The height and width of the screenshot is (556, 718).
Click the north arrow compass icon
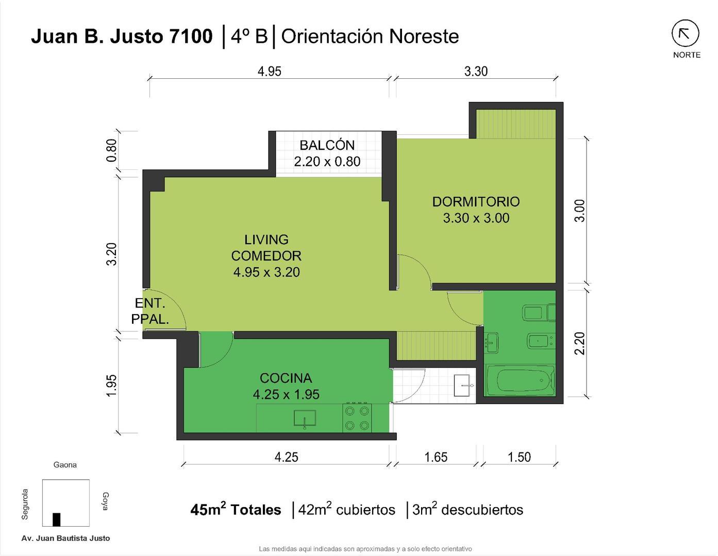point(685,34)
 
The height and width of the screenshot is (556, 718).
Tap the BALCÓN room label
point(327,145)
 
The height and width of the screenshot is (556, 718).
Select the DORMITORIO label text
point(476,201)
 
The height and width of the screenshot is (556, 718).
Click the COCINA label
point(286,378)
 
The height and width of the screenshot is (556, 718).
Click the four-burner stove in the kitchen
point(358,418)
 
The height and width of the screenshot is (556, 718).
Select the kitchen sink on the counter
point(305,419)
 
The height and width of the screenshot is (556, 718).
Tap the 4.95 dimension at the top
point(269,71)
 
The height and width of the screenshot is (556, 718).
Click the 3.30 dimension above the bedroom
point(476,71)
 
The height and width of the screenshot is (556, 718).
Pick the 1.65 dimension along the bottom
point(436,457)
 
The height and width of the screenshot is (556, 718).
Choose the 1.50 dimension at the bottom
point(519,457)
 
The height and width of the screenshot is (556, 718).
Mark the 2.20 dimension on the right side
point(580,343)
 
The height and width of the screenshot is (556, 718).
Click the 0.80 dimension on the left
point(111,150)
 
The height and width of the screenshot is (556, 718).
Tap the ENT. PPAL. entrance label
point(150,311)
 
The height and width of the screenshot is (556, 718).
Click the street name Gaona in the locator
point(65,465)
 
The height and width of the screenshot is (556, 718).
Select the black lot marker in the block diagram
point(56,519)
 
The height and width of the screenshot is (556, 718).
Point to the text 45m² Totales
point(236,510)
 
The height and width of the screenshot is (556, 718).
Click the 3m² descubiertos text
point(467,510)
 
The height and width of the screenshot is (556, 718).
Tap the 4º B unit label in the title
point(249,37)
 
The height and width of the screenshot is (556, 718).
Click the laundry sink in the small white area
point(463,385)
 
